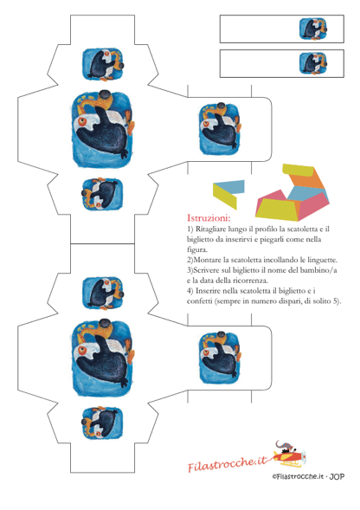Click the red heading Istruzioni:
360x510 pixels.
click(209, 217)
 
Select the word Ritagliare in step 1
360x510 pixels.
click(210, 229)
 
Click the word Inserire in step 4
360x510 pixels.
click(208, 291)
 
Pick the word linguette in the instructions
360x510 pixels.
click(322, 261)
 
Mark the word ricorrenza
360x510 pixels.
click(250, 281)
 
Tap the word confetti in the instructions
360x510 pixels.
click(199, 301)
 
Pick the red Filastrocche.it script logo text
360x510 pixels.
click(227, 463)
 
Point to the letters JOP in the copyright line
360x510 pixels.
click(337, 476)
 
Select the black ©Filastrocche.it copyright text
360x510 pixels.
click(299, 476)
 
